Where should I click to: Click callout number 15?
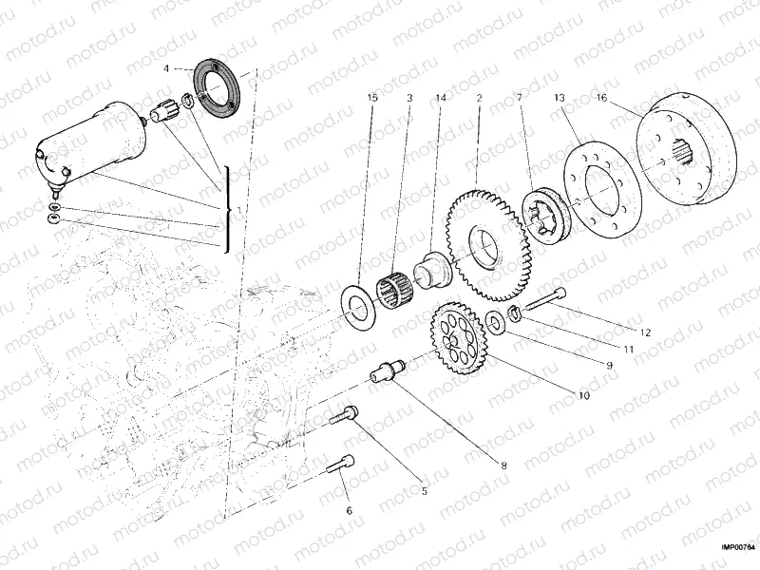click(x=373, y=98)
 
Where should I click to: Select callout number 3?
click(x=408, y=98)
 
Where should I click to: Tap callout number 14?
click(x=440, y=98)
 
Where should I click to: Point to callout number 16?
click(x=601, y=98)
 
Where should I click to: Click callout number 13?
click(x=559, y=98)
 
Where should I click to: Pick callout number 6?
click(x=349, y=511)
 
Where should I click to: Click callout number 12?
click(x=645, y=332)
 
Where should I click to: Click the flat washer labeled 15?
click(x=359, y=303)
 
